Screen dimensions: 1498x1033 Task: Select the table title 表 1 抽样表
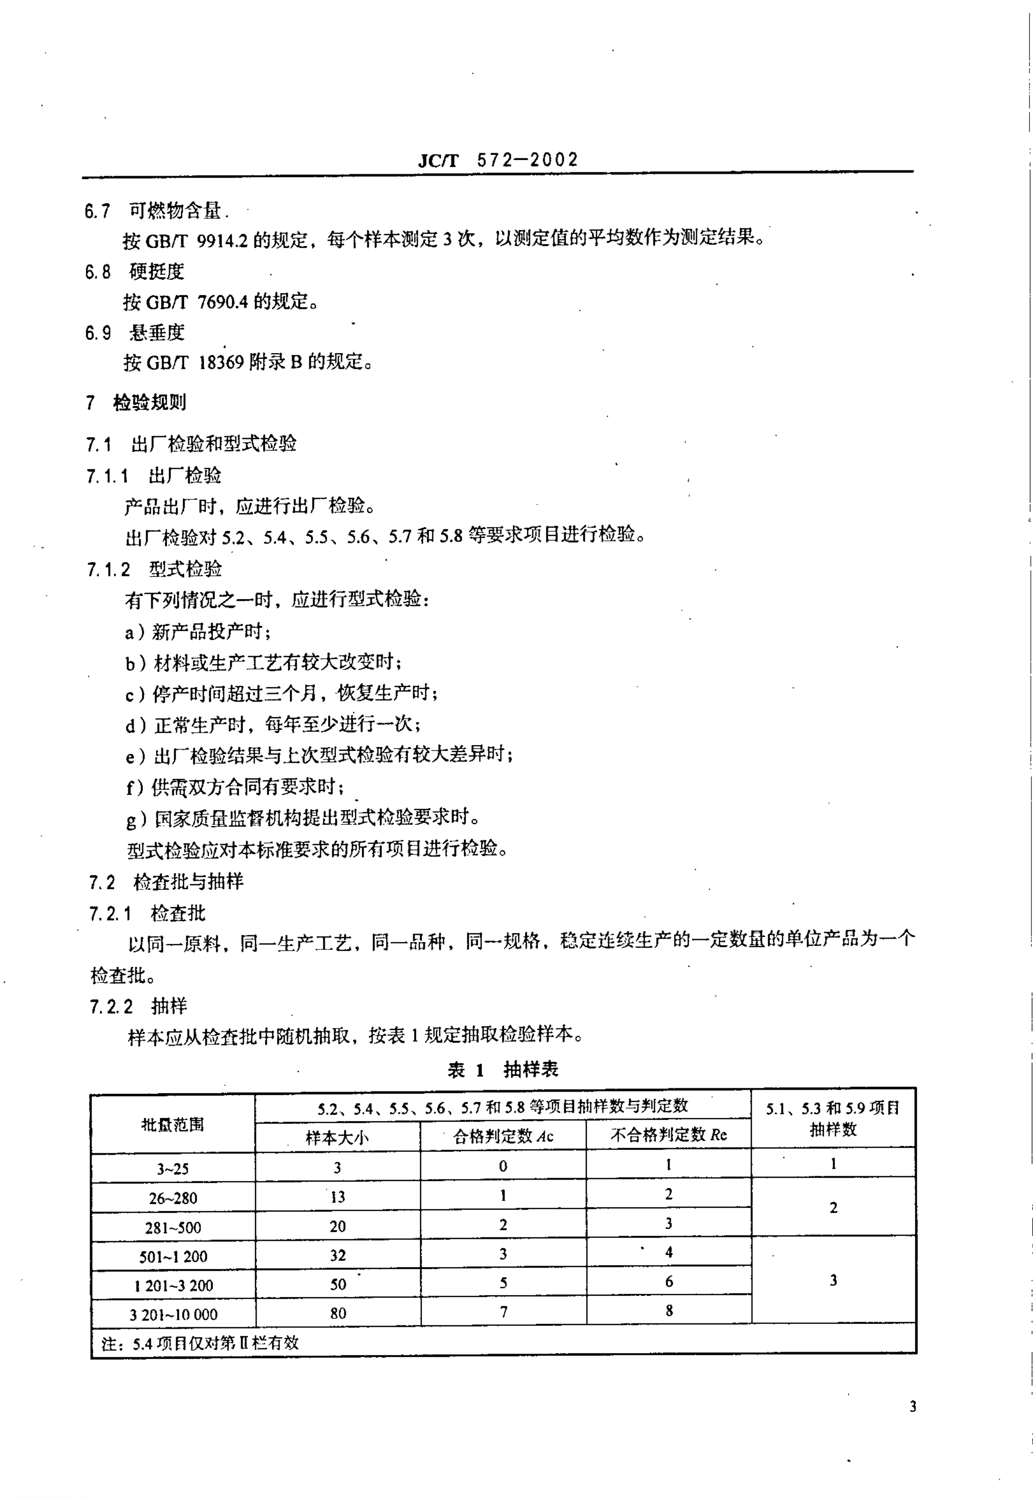pyautogui.click(x=502, y=1069)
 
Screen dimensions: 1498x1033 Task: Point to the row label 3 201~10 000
pyautogui.click(x=173, y=1314)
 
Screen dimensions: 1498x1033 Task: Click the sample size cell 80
pyautogui.click(x=338, y=1313)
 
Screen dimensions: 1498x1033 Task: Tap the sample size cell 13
pyautogui.click(x=338, y=1196)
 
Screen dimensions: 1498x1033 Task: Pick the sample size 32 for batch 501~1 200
pyautogui.click(x=338, y=1255)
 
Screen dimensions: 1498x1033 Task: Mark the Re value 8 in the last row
pyautogui.click(x=669, y=1310)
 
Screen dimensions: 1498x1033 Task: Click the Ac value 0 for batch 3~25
pyautogui.click(x=503, y=1166)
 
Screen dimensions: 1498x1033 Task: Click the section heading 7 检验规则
pyautogui.click(x=136, y=403)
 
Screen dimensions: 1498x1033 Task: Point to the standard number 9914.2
pyautogui.click(x=222, y=240)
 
